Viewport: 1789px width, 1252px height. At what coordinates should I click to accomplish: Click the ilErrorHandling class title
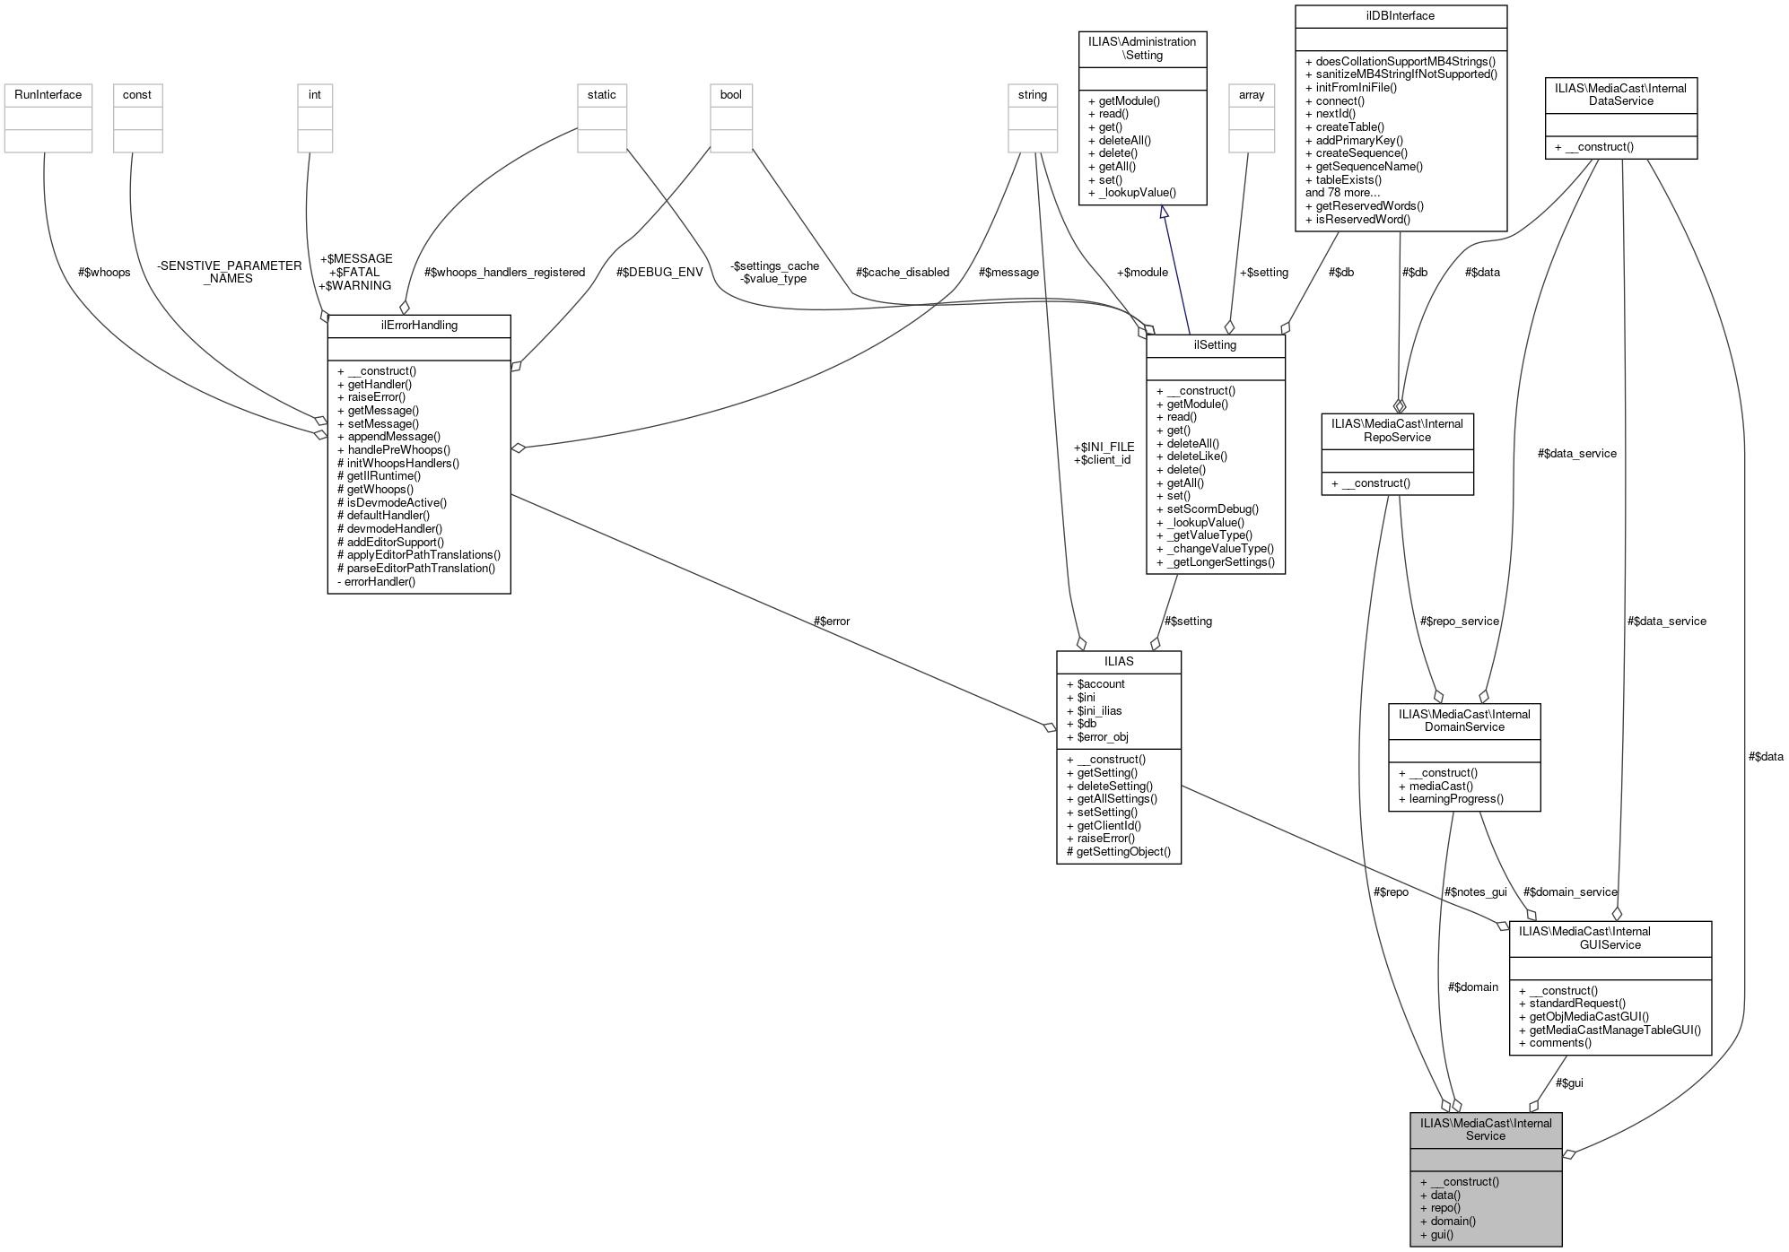click(419, 326)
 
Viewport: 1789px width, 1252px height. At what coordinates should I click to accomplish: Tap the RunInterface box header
click(48, 95)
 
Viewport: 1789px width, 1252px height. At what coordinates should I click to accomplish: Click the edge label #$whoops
click(104, 273)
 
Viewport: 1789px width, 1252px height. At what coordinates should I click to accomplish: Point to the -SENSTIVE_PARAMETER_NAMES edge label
click(229, 273)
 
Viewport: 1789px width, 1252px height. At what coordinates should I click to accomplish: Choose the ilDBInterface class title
click(1401, 16)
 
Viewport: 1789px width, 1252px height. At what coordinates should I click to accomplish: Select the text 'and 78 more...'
click(1342, 193)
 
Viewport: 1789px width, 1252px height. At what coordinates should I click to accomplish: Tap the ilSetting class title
click(1216, 345)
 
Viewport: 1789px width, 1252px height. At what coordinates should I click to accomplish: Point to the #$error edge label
click(831, 622)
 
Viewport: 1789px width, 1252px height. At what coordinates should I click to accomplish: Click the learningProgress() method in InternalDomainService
click(1456, 799)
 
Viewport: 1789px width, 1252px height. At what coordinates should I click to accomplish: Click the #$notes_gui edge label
click(1476, 892)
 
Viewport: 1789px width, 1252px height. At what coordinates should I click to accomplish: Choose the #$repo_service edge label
click(1460, 621)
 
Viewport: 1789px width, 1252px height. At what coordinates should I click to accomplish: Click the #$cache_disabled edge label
click(903, 273)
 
